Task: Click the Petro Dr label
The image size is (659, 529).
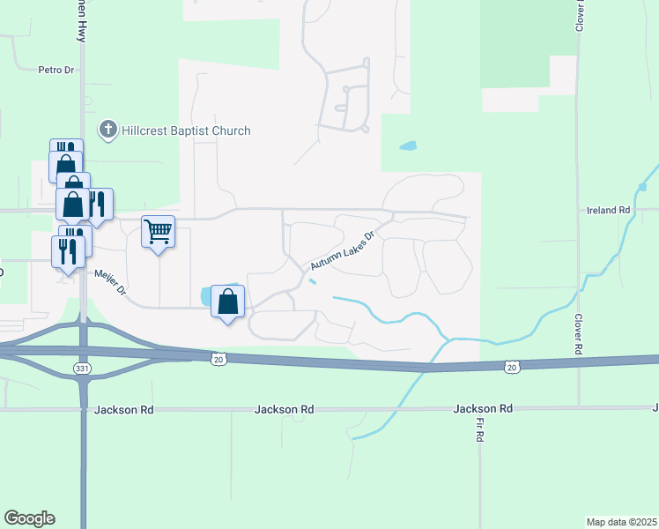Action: click(x=56, y=69)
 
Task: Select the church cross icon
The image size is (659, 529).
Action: click(x=108, y=130)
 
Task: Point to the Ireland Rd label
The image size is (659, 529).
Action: click(x=609, y=211)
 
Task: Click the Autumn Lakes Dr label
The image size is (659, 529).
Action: click(x=343, y=251)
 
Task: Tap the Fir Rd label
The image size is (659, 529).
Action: click(x=481, y=430)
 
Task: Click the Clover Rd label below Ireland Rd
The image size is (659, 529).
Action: click(x=579, y=334)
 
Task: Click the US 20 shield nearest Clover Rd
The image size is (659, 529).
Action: click(x=511, y=365)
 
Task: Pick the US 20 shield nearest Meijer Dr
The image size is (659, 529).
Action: click(x=219, y=358)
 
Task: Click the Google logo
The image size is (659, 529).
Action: click(x=29, y=518)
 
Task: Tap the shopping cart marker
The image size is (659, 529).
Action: click(x=158, y=234)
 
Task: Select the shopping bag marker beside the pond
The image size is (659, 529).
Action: click(x=228, y=302)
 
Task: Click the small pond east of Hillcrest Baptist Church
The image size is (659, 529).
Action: click(x=407, y=145)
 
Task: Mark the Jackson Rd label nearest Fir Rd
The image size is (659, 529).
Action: click(x=483, y=409)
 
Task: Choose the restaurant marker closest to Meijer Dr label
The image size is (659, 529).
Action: click(x=69, y=251)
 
